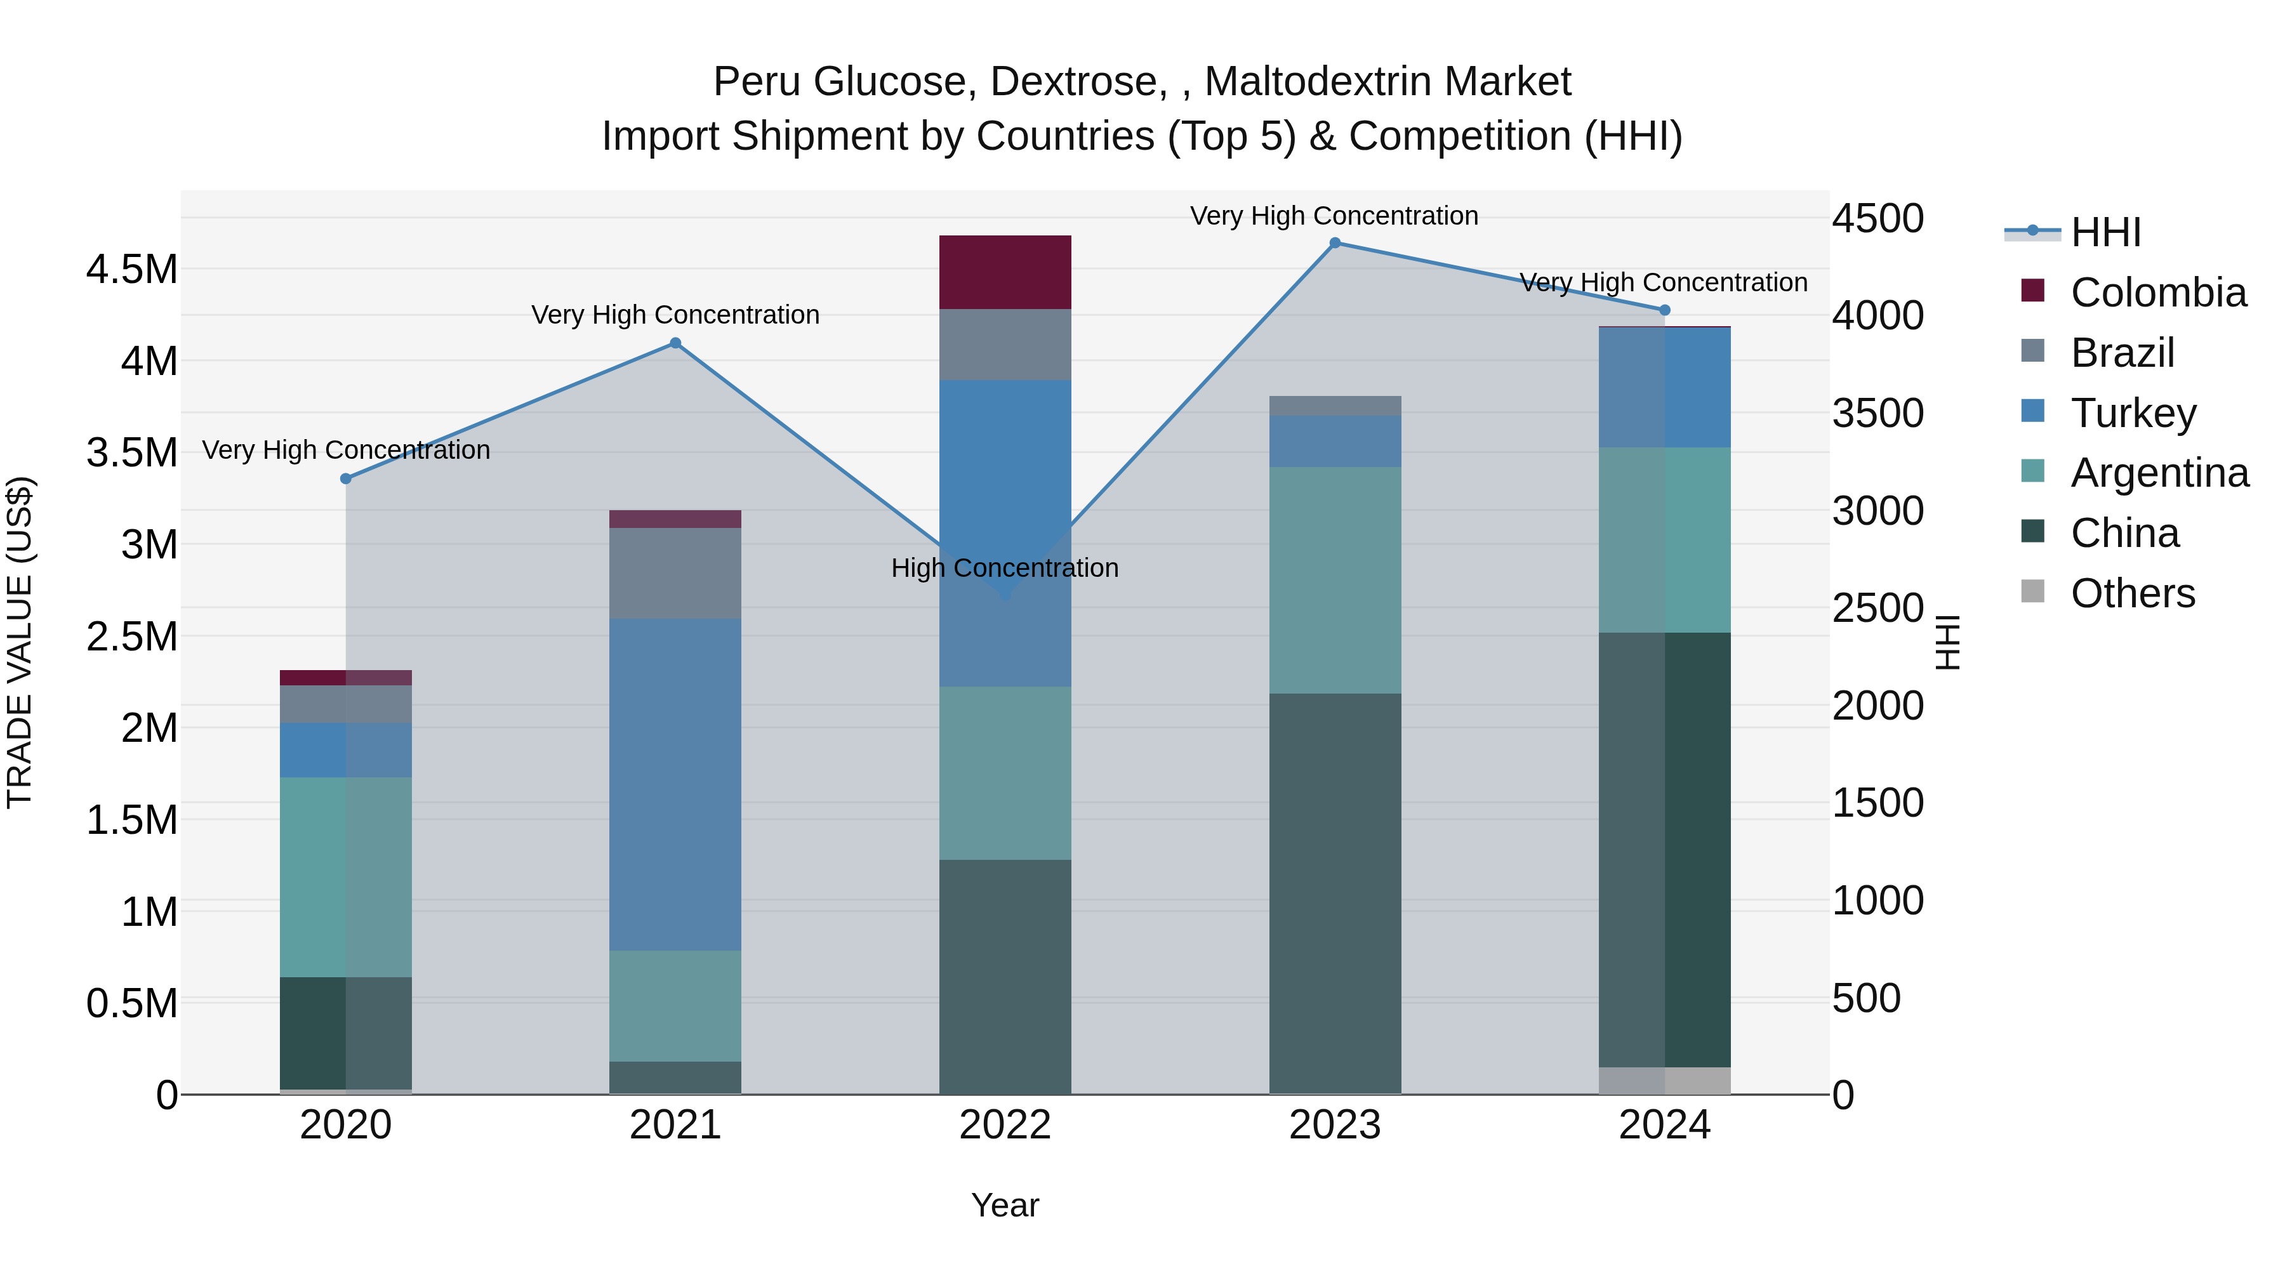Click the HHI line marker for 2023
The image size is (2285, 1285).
pyautogui.click(x=1334, y=243)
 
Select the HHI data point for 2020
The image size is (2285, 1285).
pyautogui.click(x=346, y=479)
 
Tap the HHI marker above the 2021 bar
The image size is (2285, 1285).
pyautogui.click(x=675, y=343)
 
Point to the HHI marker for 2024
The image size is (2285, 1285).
pyautogui.click(x=1664, y=310)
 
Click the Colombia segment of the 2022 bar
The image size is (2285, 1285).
pyautogui.click(x=1005, y=272)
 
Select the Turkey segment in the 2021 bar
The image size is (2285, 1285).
pyautogui.click(x=675, y=785)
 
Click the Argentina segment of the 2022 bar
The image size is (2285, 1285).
pyautogui.click(x=1005, y=774)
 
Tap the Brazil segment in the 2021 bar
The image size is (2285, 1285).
pyautogui.click(x=675, y=574)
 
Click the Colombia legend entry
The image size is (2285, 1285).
pyautogui.click(x=2157, y=293)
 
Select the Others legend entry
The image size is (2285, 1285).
pyautogui.click(x=2133, y=593)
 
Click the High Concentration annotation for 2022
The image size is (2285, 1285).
pyautogui.click(x=1004, y=569)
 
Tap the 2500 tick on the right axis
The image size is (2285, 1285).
pyautogui.click(x=1877, y=609)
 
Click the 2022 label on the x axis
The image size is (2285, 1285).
pyautogui.click(x=1005, y=1125)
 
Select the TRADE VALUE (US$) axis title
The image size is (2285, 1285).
pyautogui.click(x=20, y=642)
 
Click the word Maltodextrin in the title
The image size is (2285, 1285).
pyautogui.click(x=1388, y=82)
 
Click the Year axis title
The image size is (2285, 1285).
pyautogui.click(x=1005, y=1205)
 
